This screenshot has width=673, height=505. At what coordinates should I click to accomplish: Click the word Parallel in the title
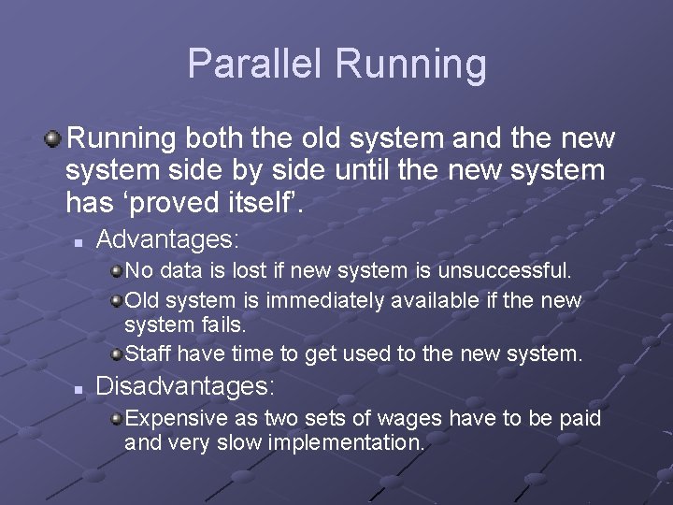pyautogui.click(x=255, y=64)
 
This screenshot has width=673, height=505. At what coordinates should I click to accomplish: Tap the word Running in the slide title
pyautogui.click(x=410, y=65)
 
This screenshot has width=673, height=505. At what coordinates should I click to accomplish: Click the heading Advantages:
pyautogui.click(x=168, y=239)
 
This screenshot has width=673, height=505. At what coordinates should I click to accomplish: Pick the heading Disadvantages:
pyautogui.click(x=186, y=385)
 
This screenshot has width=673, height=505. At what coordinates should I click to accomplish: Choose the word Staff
pyautogui.click(x=148, y=354)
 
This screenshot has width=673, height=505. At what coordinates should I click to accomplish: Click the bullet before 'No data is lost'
pyautogui.click(x=116, y=271)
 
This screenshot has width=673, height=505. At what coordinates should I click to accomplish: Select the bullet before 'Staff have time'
pyautogui.click(x=116, y=354)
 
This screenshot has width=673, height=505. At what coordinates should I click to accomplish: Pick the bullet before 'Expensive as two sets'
pyautogui.click(x=116, y=418)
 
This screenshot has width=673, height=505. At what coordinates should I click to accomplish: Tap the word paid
pyautogui.click(x=580, y=418)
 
